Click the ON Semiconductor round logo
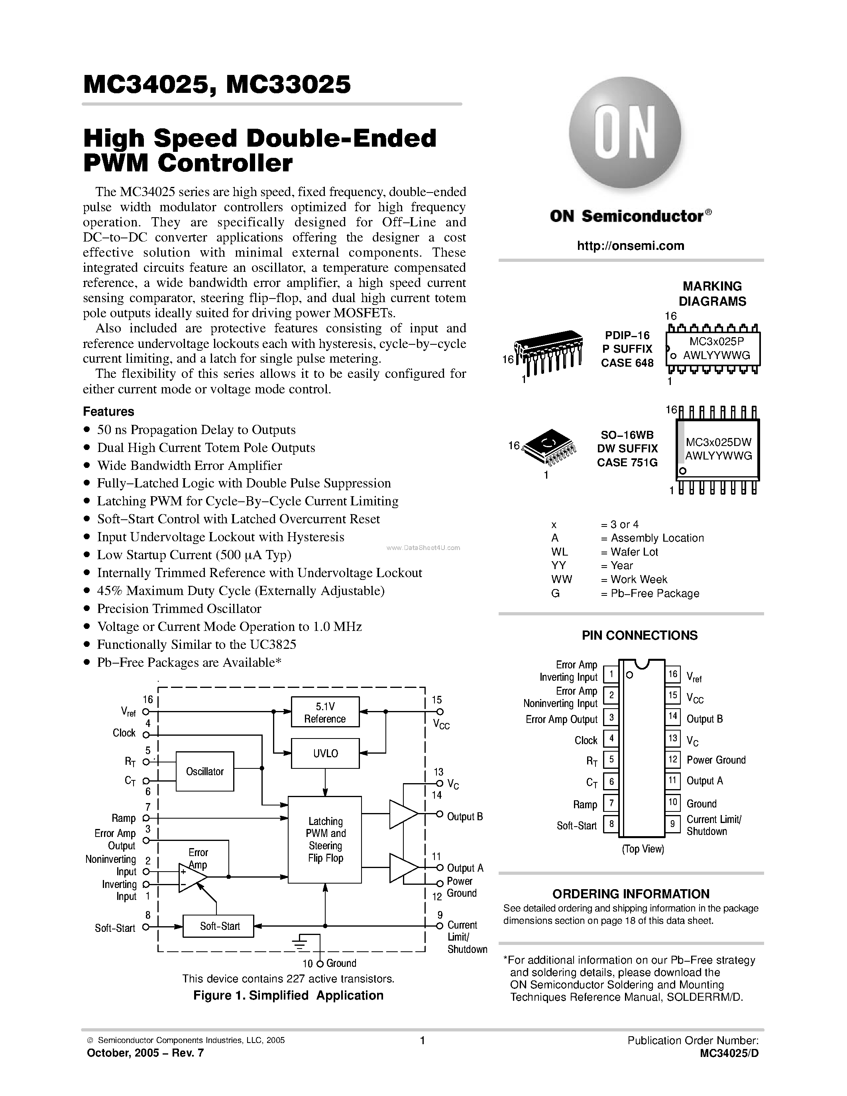(x=625, y=133)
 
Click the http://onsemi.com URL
(x=630, y=246)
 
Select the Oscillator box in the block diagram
(x=205, y=771)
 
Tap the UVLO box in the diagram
(x=325, y=753)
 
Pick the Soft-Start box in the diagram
(x=219, y=926)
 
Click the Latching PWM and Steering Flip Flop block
(x=325, y=840)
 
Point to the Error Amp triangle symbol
(x=192, y=878)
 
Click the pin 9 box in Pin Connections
(x=672, y=823)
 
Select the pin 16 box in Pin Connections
(x=672, y=674)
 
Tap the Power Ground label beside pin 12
(x=716, y=760)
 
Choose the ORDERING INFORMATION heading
(x=631, y=894)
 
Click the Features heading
(x=108, y=412)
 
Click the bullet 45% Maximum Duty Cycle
(x=240, y=591)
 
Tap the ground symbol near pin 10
(x=300, y=943)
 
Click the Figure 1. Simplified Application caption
(x=289, y=996)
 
